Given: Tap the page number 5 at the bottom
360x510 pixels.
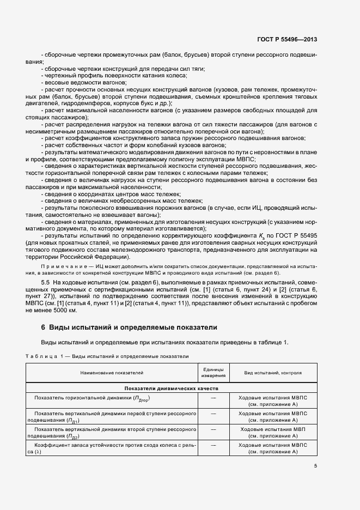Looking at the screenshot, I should (x=315, y=465).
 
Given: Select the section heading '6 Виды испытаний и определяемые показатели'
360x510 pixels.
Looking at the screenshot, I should (x=130, y=327).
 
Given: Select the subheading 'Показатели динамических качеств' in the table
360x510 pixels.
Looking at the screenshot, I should (x=171, y=389).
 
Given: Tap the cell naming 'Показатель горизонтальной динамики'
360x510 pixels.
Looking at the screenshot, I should (x=91, y=399).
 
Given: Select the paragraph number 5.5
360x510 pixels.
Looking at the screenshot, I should (x=46, y=281).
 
